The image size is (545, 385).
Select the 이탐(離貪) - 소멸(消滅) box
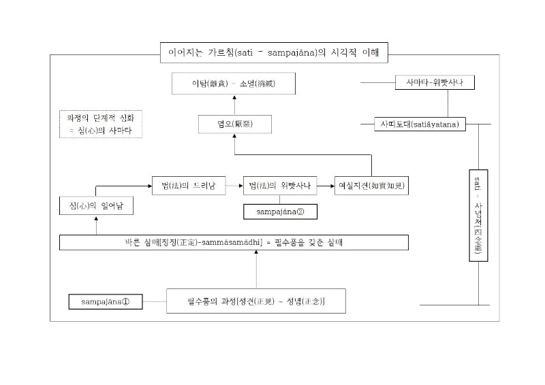234,84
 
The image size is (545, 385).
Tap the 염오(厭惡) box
234,124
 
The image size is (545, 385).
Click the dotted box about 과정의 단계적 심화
100,124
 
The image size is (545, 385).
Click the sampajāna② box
280,212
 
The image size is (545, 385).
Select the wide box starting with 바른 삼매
234,243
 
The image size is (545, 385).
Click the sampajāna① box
105,301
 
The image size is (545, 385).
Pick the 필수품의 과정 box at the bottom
255,301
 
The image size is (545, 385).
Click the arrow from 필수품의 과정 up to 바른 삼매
256,269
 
